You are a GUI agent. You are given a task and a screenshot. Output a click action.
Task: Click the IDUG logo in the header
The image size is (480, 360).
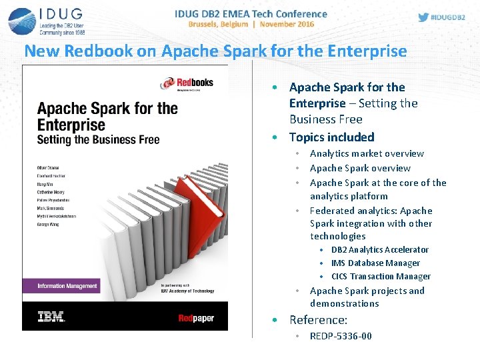pyautogui.click(x=47, y=21)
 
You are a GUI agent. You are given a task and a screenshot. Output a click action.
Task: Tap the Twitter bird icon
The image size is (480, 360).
pyautogui.click(x=423, y=17)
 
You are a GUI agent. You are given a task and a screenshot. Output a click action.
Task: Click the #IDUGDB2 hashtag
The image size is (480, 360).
pyautogui.click(x=450, y=17)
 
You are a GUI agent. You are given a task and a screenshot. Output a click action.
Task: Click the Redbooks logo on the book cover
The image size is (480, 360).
pyautogui.click(x=187, y=83)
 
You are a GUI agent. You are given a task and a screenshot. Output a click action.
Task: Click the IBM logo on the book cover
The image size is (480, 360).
pyautogui.click(x=51, y=317)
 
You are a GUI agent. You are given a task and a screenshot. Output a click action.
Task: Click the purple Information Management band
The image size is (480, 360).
pyautogui.click(x=67, y=286)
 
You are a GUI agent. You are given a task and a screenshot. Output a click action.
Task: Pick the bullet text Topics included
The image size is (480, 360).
pyautogui.click(x=331, y=137)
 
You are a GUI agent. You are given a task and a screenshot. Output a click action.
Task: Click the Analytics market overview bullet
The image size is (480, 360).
pyautogui.click(x=367, y=154)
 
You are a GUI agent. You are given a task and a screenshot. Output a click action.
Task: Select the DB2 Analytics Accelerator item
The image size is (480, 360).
pyautogui.click(x=379, y=250)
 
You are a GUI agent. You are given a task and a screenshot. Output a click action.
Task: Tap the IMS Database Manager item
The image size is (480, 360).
pyautogui.click(x=375, y=263)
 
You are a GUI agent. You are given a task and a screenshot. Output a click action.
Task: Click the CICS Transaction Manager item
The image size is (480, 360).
pyautogui.click(x=381, y=277)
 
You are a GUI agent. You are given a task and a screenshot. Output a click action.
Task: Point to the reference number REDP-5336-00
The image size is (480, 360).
pyautogui.click(x=341, y=336)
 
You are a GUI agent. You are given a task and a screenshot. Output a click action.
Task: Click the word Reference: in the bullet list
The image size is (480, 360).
pyautogui.click(x=318, y=320)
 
